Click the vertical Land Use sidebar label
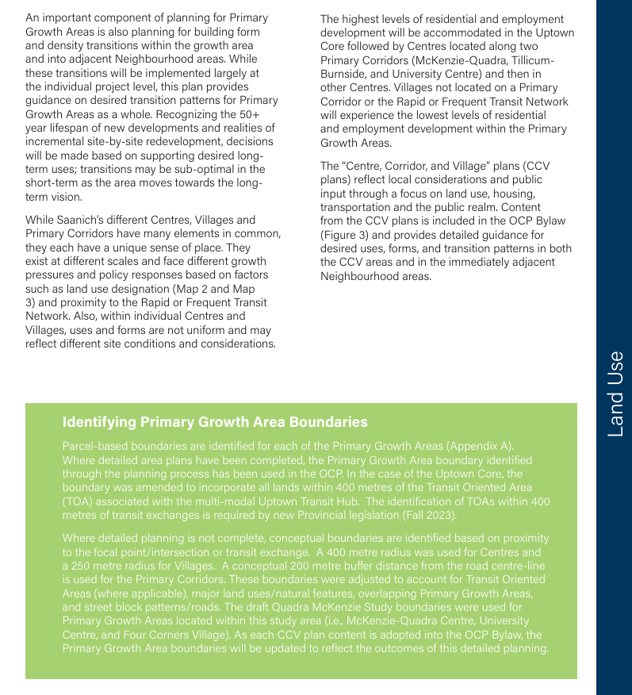[x=615, y=394]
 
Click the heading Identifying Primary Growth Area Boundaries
[x=215, y=421]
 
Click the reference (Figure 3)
[x=348, y=236]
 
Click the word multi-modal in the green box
[x=225, y=501]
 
